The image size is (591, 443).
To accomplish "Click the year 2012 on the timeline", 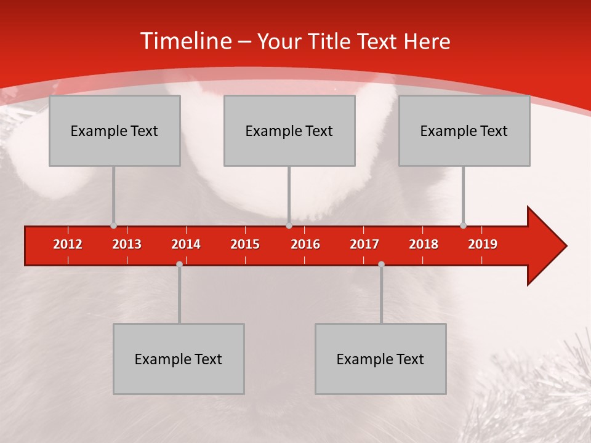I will click(x=68, y=244).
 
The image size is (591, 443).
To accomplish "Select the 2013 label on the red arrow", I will click(x=127, y=244).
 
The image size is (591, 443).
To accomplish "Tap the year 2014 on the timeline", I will click(x=186, y=244).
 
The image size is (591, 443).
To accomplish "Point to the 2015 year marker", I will click(x=245, y=244).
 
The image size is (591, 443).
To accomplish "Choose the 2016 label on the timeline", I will click(x=305, y=244).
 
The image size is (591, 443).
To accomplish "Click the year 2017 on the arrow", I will click(x=364, y=244).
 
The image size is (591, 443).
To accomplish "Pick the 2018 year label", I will click(x=424, y=244).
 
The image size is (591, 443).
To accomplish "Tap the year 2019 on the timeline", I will click(x=483, y=244).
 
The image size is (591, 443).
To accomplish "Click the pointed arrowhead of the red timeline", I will click(x=548, y=245).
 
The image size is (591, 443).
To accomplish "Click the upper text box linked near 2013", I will click(x=115, y=130).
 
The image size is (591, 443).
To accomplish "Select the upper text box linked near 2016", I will click(x=289, y=130).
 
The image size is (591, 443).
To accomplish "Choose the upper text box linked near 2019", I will click(x=464, y=130).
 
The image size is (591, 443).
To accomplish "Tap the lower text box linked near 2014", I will click(x=179, y=359).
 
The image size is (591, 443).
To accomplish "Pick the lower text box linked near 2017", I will click(x=380, y=359).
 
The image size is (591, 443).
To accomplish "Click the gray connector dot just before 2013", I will click(x=113, y=225).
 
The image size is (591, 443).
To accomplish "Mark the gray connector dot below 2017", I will click(x=381, y=265).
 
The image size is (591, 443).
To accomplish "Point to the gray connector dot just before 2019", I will click(x=463, y=225).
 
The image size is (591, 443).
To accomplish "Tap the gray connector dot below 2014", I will click(x=179, y=265).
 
